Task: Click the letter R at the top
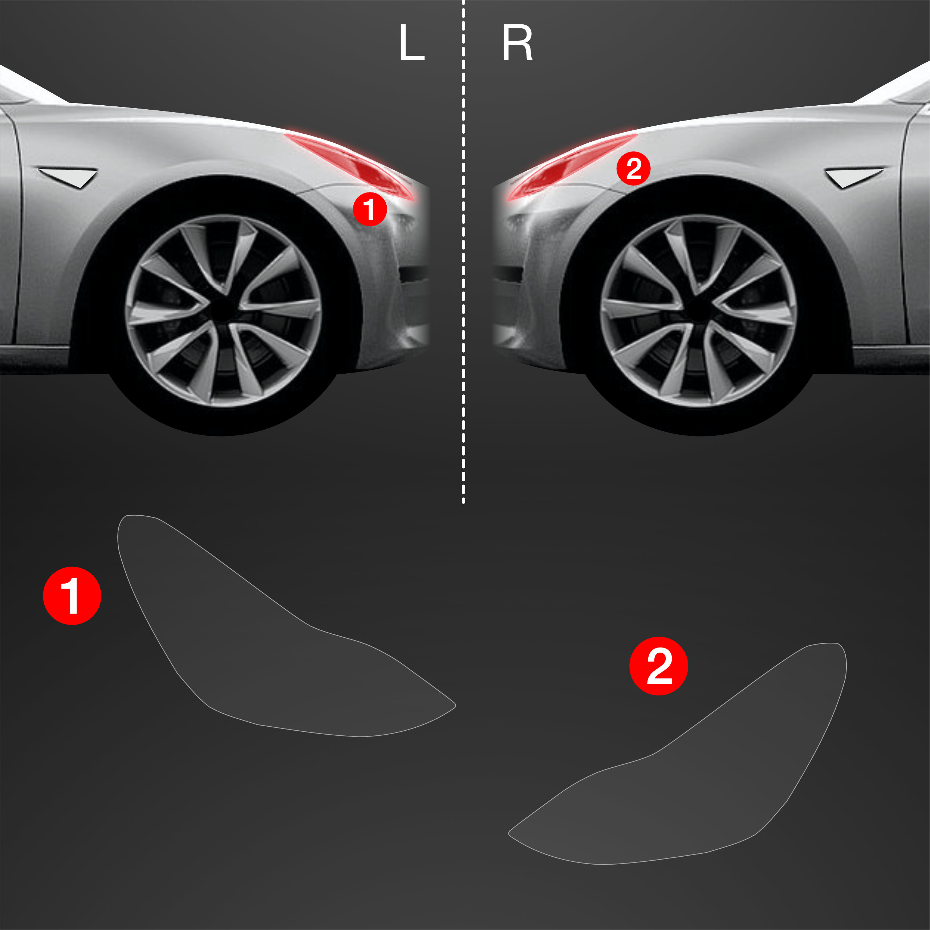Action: point(517,43)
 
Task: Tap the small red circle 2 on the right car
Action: point(633,168)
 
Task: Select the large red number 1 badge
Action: point(72,596)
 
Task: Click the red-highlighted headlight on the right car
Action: point(572,166)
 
